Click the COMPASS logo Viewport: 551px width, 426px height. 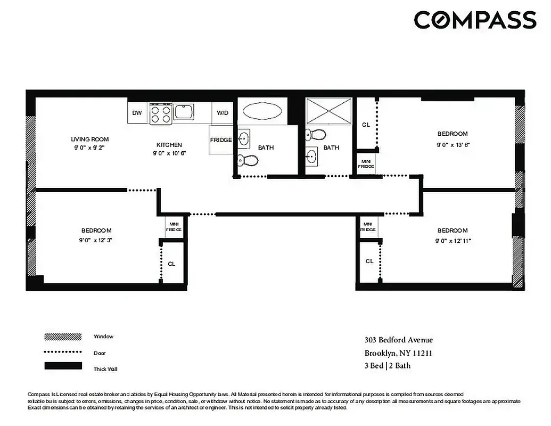[x=474, y=20]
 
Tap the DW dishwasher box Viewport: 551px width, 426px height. [x=137, y=112]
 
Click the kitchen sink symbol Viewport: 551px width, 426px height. [x=183, y=112]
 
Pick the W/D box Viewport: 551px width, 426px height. [x=222, y=112]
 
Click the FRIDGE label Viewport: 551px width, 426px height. [x=221, y=140]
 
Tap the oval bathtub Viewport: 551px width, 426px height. [x=262, y=111]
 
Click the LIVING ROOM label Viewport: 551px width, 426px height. [x=89, y=140]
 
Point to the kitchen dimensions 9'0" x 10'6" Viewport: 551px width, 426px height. [x=169, y=153]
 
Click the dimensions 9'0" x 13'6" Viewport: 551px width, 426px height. [x=453, y=144]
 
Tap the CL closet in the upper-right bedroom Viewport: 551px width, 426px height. [x=366, y=125]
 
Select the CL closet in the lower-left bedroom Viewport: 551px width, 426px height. [x=171, y=264]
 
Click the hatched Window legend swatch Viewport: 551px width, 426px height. [x=63, y=337]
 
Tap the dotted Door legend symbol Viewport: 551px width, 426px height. [x=63, y=352]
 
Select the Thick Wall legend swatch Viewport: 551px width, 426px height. [x=63, y=366]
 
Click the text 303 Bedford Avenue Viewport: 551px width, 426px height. [x=398, y=340]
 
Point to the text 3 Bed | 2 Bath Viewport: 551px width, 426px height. [x=387, y=366]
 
